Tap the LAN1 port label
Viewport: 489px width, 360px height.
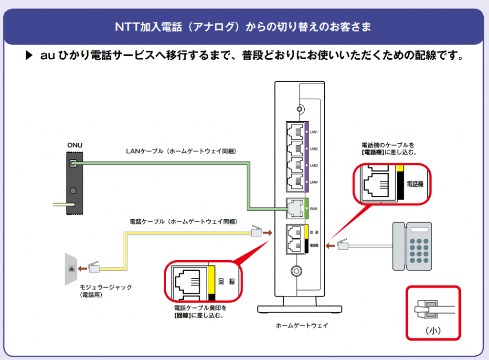click(314, 132)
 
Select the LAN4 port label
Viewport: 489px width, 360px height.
click(314, 182)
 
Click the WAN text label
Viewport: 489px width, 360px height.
click(314, 209)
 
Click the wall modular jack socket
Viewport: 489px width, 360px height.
click(72, 268)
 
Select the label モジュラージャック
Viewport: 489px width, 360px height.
click(106, 287)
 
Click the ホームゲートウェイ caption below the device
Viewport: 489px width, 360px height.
click(302, 326)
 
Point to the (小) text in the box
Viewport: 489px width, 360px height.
click(433, 330)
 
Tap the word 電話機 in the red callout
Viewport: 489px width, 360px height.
click(415, 183)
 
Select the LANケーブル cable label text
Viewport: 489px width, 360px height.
click(181, 151)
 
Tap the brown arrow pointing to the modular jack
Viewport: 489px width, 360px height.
click(83, 268)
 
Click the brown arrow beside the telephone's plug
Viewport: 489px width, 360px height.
click(330, 246)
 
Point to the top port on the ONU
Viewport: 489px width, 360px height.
click(73, 164)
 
